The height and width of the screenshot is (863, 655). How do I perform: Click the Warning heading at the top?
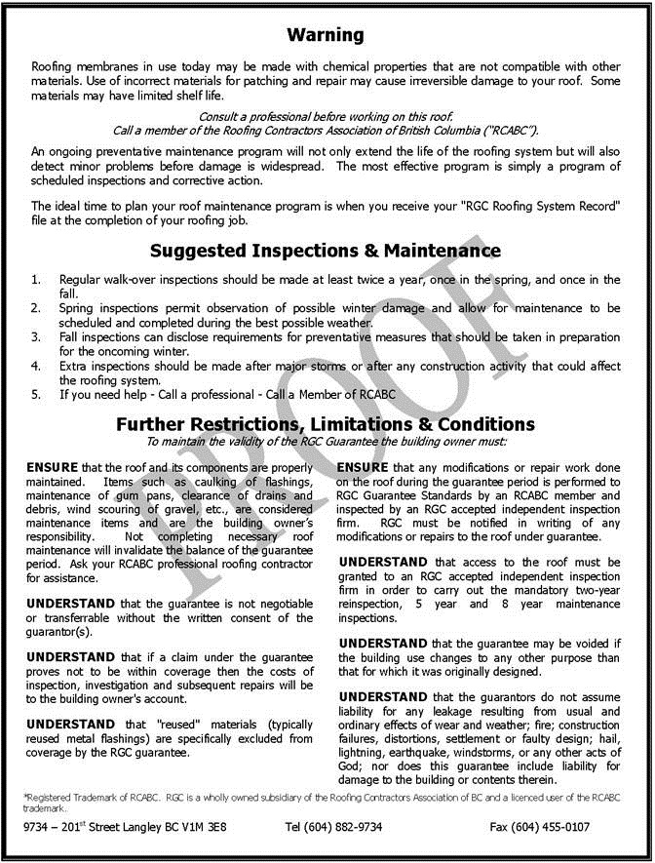tap(326, 35)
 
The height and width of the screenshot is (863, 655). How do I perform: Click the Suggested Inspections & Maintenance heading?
tap(326, 251)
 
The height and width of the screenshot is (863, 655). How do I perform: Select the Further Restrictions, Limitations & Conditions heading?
tap(326, 424)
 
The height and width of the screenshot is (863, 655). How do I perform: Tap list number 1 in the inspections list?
tap(36, 280)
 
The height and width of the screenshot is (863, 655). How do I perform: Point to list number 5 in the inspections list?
tap(36, 395)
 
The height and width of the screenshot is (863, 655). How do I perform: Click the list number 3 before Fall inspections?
tap(36, 337)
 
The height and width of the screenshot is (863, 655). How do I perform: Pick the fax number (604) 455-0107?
tap(554, 827)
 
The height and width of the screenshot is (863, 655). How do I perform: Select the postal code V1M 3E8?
tap(210, 827)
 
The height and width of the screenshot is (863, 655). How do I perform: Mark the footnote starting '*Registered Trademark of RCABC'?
tap(312, 802)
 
